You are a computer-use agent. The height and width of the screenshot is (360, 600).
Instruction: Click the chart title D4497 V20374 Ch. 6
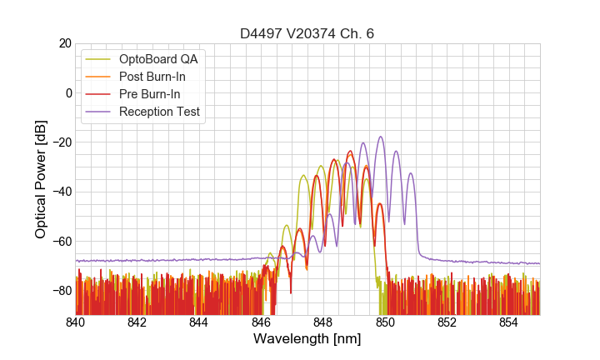click(307, 34)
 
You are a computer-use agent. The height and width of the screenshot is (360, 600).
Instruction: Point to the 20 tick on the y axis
click(63, 43)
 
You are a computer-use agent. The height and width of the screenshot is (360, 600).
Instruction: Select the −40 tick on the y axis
click(60, 192)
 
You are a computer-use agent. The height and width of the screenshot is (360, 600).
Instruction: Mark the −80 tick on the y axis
click(60, 291)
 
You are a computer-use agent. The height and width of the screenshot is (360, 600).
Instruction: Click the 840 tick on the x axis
click(76, 322)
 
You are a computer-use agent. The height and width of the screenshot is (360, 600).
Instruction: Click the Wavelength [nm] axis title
click(307, 339)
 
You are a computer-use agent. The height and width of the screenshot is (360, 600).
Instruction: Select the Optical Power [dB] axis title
click(40, 178)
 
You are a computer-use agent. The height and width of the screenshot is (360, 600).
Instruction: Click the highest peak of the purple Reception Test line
click(381, 137)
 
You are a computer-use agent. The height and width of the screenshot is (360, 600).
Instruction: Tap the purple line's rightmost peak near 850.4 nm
click(397, 151)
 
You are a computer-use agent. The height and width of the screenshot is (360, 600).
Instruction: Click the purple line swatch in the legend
click(99, 112)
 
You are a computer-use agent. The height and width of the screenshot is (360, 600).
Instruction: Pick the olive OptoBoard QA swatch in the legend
click(99, 60)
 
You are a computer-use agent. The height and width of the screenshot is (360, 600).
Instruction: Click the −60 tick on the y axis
click(60, 242)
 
